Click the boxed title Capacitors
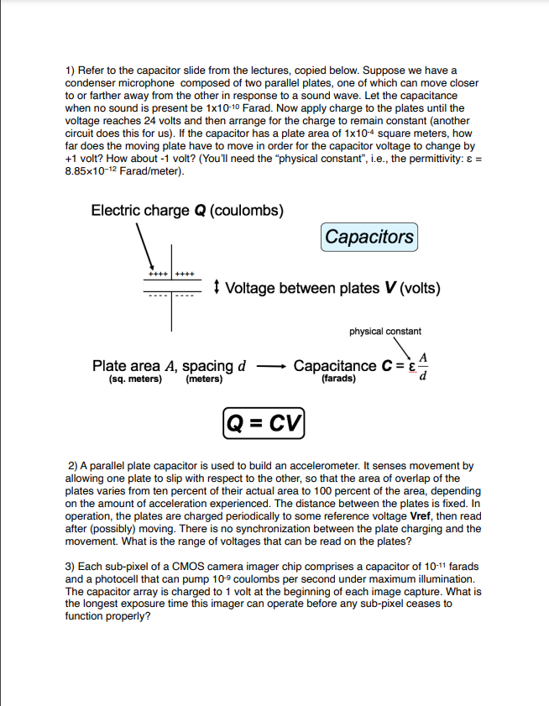[x=369, y=237]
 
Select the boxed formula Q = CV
[x=264, y=419]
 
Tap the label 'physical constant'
[x=385, y=332]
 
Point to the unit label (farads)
[x=338, y=379]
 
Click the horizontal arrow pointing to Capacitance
[x=272, y=367]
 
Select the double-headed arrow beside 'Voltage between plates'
[x=217, y=288]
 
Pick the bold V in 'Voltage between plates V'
[x=389, y=288]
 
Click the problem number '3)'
[x=71, y=567]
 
